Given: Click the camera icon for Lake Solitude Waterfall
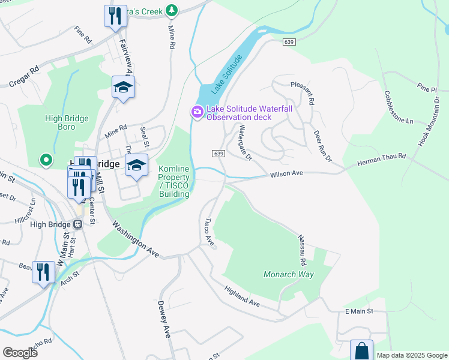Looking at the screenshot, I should pos(197,112).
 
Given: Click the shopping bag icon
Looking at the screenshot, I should pos(362,350).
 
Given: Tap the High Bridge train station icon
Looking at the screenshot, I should pos(77,224).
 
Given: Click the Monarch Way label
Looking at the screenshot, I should pos(289,274).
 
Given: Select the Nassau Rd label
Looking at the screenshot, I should pos(303,250).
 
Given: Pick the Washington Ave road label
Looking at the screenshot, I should pos(135,239).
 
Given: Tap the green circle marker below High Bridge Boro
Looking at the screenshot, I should pos(46,160).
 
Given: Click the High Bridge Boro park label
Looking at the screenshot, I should pos(67,123).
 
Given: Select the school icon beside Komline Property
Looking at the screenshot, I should pos(136,165).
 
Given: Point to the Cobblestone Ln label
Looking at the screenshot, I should pos(399,107).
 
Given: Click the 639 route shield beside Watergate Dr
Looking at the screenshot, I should pos(218,154).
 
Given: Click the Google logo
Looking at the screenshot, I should pos(20,352).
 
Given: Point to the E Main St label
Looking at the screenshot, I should pos(359,311).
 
